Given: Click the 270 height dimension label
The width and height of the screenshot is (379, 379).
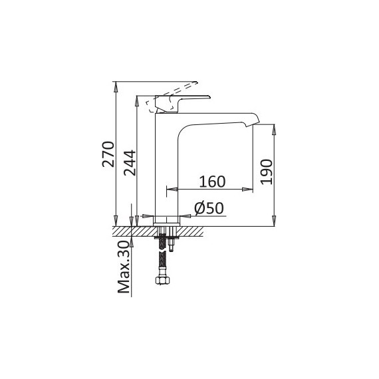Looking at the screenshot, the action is [x=108, y=154].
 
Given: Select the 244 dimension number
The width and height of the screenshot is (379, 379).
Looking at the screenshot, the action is [x=130, y=163].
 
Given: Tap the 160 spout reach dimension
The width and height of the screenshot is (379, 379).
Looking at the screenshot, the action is [x=212, y=182].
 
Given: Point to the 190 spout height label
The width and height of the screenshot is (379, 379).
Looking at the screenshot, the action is [x=267, y=172].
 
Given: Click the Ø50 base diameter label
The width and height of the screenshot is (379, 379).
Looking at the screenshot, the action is [x=209, y=208].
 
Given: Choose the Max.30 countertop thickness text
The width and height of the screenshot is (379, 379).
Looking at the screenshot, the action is [x=124, y=267].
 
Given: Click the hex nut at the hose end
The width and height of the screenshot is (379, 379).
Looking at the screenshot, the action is [x=163, y=281].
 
